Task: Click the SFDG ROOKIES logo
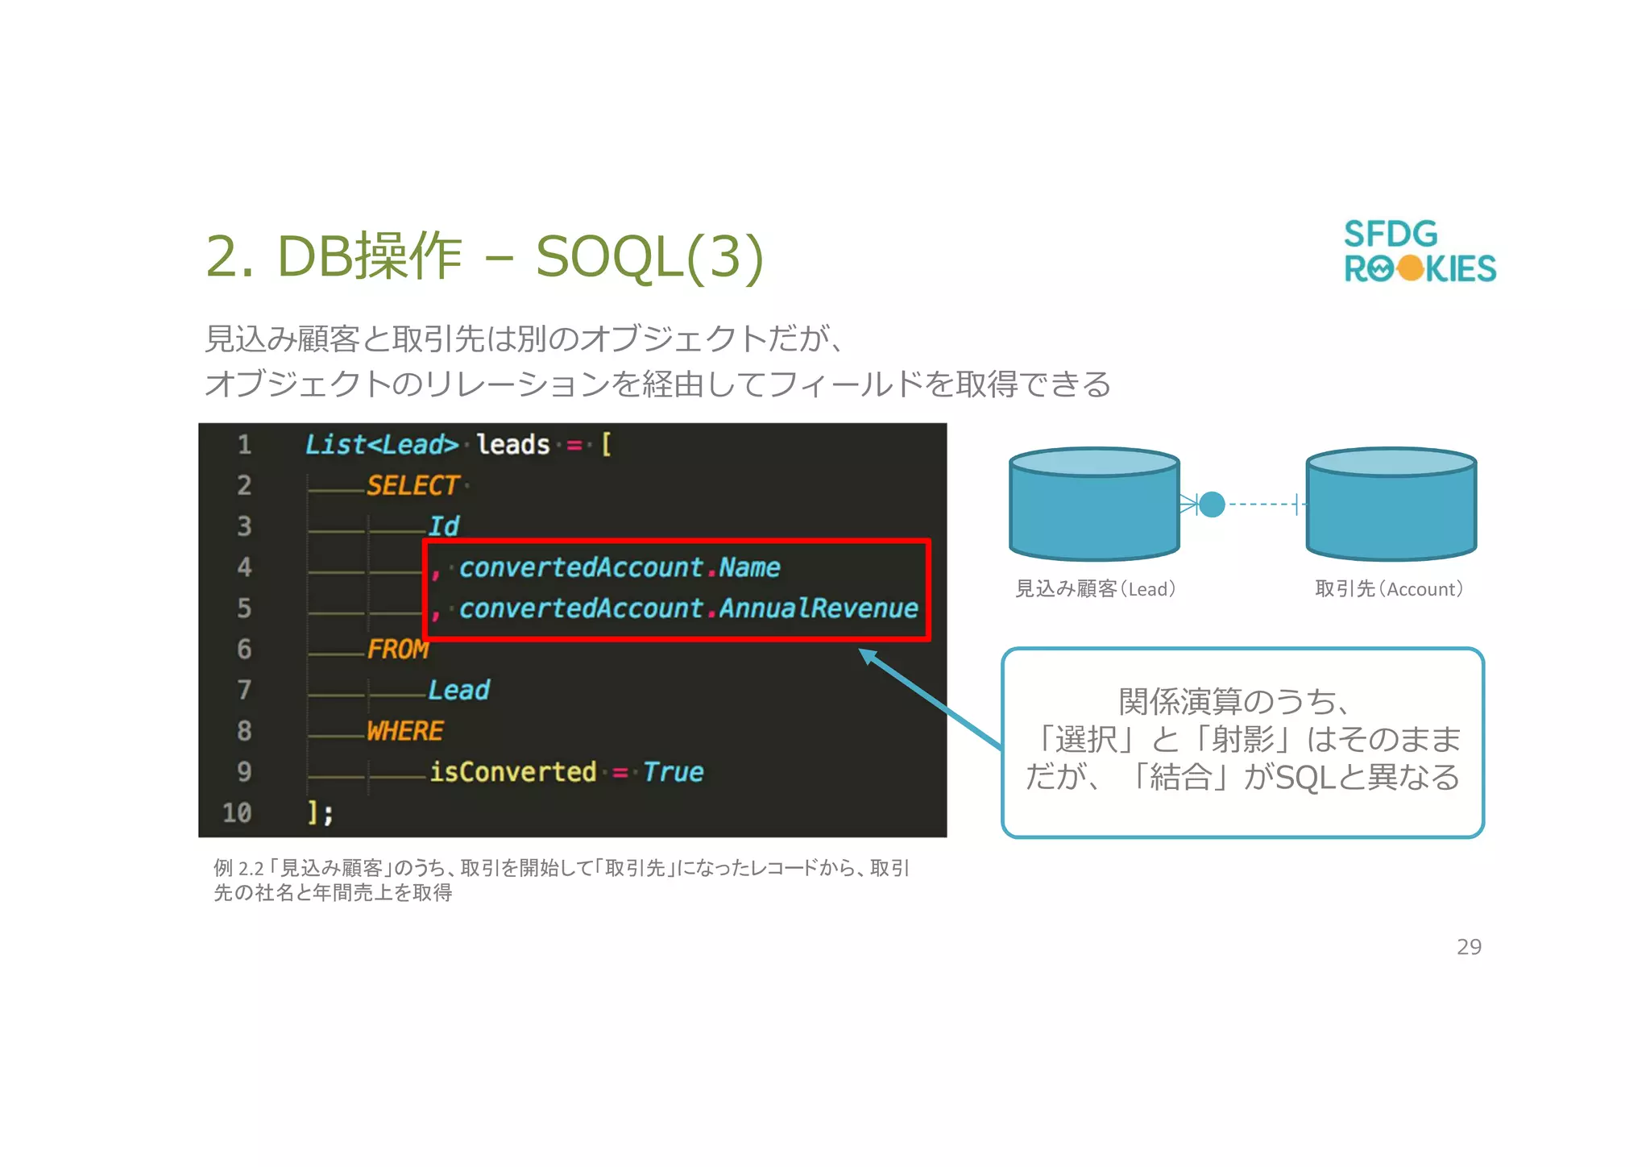1419,251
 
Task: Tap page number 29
1468,946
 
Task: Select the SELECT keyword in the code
412,485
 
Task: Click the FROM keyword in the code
398,649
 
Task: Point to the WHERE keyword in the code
404,731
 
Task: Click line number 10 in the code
237,812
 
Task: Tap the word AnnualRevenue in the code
818,608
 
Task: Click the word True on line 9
674,772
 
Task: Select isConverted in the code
512,772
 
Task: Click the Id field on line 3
443,526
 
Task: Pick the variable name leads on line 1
512,445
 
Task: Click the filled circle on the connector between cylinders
1211,505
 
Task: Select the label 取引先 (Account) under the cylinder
1389,589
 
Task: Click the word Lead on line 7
458,690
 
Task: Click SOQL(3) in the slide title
649,257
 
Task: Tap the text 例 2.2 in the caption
238,868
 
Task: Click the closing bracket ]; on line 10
320,812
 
